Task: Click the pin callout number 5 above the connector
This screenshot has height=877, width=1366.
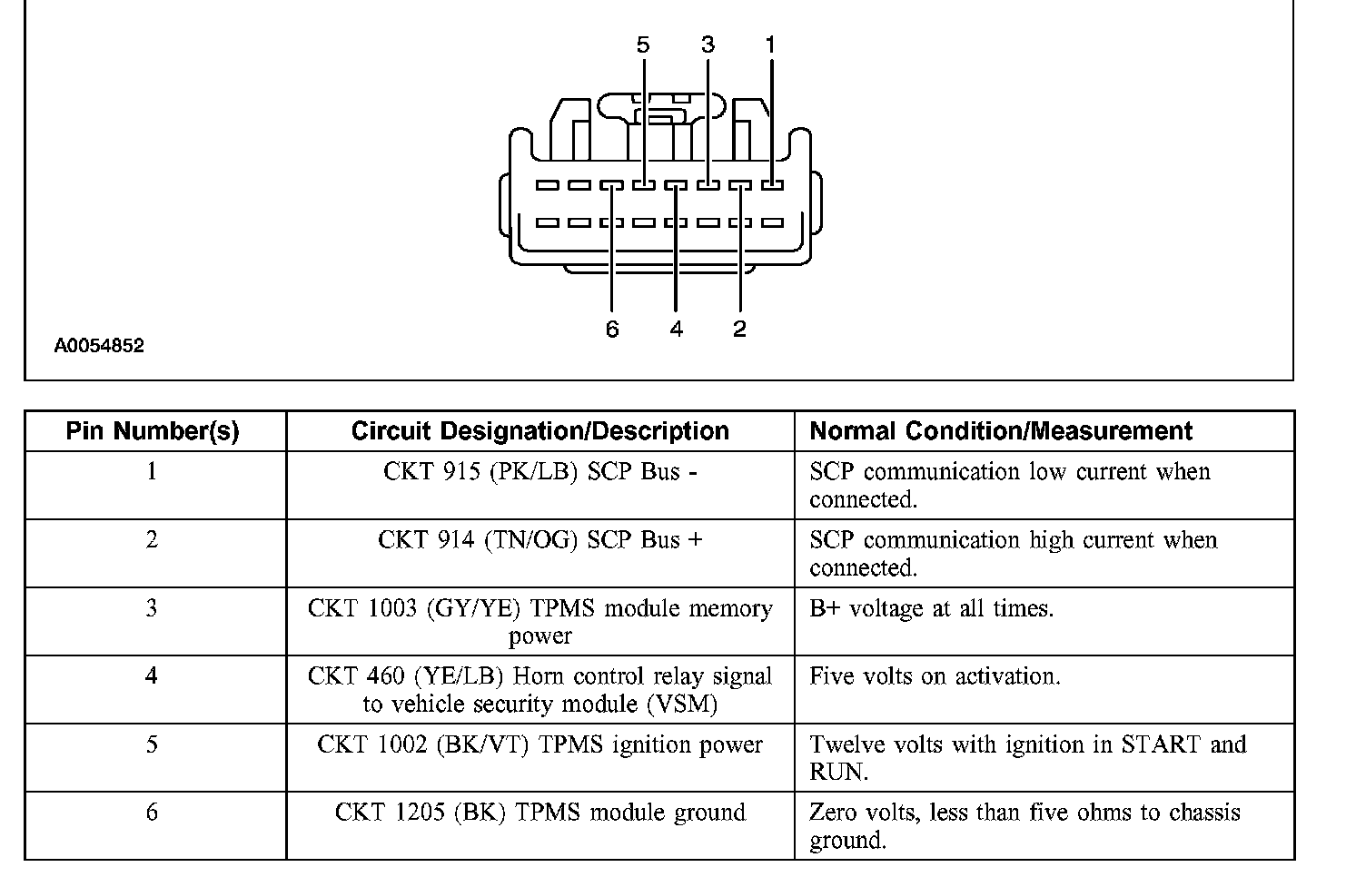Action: [643, 44]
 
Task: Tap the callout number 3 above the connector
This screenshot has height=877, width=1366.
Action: [708, 44]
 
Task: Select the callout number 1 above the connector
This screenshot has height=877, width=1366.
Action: [771, 44]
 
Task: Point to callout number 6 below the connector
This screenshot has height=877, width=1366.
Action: [612, 329]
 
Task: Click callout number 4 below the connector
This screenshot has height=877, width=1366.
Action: [676, 329]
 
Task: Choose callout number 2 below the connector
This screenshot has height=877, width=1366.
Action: [739, 329]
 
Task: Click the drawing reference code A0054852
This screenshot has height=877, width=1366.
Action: [99, 346]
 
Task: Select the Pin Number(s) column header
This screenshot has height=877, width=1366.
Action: [153, 431]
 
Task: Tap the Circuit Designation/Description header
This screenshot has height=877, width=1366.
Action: [539, 431]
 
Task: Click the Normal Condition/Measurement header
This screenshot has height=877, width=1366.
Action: [1001, 431]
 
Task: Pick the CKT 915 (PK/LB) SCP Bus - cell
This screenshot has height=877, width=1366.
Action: [539, 472]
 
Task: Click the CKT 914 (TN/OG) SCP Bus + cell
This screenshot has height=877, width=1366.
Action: [539, 540]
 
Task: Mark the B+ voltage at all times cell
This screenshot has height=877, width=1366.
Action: [932, 608]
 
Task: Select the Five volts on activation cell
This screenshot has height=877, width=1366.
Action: [935, 676]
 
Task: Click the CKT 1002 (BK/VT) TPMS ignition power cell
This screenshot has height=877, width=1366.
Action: [539, 745]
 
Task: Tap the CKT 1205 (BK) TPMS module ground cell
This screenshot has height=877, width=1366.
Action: [539, 813]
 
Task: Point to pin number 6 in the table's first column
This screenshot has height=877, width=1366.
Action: [152, 812]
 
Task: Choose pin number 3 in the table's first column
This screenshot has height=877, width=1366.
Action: [152, 607]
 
